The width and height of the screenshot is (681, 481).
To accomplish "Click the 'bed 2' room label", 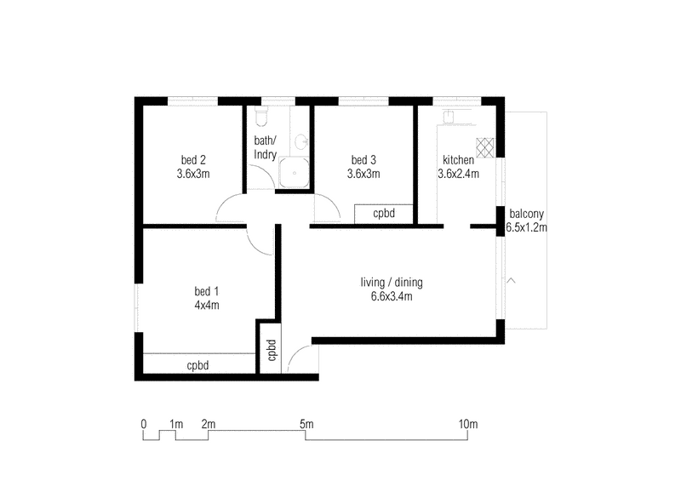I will tap(193, 160).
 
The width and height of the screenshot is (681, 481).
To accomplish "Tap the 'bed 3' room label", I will tap(363, 160).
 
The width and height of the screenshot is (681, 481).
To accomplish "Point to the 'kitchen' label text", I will tap(458, 160).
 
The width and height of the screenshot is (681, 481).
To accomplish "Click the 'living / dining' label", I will tap(392, 283).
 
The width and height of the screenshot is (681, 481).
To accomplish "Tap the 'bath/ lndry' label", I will tap(266, 147).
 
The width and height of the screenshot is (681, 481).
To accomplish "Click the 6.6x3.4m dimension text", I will tap(392, 296).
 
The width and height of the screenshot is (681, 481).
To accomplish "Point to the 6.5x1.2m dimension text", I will tap(526, 227).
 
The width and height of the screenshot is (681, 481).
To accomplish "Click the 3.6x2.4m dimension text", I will tap(458, 174).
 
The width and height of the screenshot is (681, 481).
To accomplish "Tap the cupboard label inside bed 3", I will tap(384, 214).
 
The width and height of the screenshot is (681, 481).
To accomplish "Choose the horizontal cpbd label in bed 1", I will tap(198, 366).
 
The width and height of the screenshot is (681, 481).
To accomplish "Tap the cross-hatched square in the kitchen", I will tap(485, 147).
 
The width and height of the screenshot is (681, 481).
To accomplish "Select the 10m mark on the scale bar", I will tap(467, 423).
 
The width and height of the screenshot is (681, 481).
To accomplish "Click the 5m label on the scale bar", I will tap(306, 423).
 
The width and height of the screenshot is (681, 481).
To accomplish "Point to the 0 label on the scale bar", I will tap(144, 423).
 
